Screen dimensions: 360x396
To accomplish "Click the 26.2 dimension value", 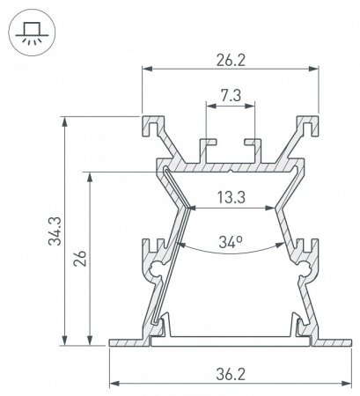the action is coord(231,61).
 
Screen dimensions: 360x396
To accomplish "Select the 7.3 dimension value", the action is coord(231,96).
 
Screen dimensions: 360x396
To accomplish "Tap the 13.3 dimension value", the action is coord(231,197).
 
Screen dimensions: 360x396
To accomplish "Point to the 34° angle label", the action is coord(231,242).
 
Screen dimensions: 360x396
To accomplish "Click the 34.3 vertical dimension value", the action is coord(55,231).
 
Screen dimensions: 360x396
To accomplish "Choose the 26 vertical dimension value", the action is coord(80,258).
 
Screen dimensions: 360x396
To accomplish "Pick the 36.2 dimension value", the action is coord(231,375).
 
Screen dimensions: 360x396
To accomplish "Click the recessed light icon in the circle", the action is coord(32,33).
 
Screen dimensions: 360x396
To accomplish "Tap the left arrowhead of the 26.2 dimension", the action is coord(147,69).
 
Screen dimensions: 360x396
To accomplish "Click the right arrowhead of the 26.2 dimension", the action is coord(313,69).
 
